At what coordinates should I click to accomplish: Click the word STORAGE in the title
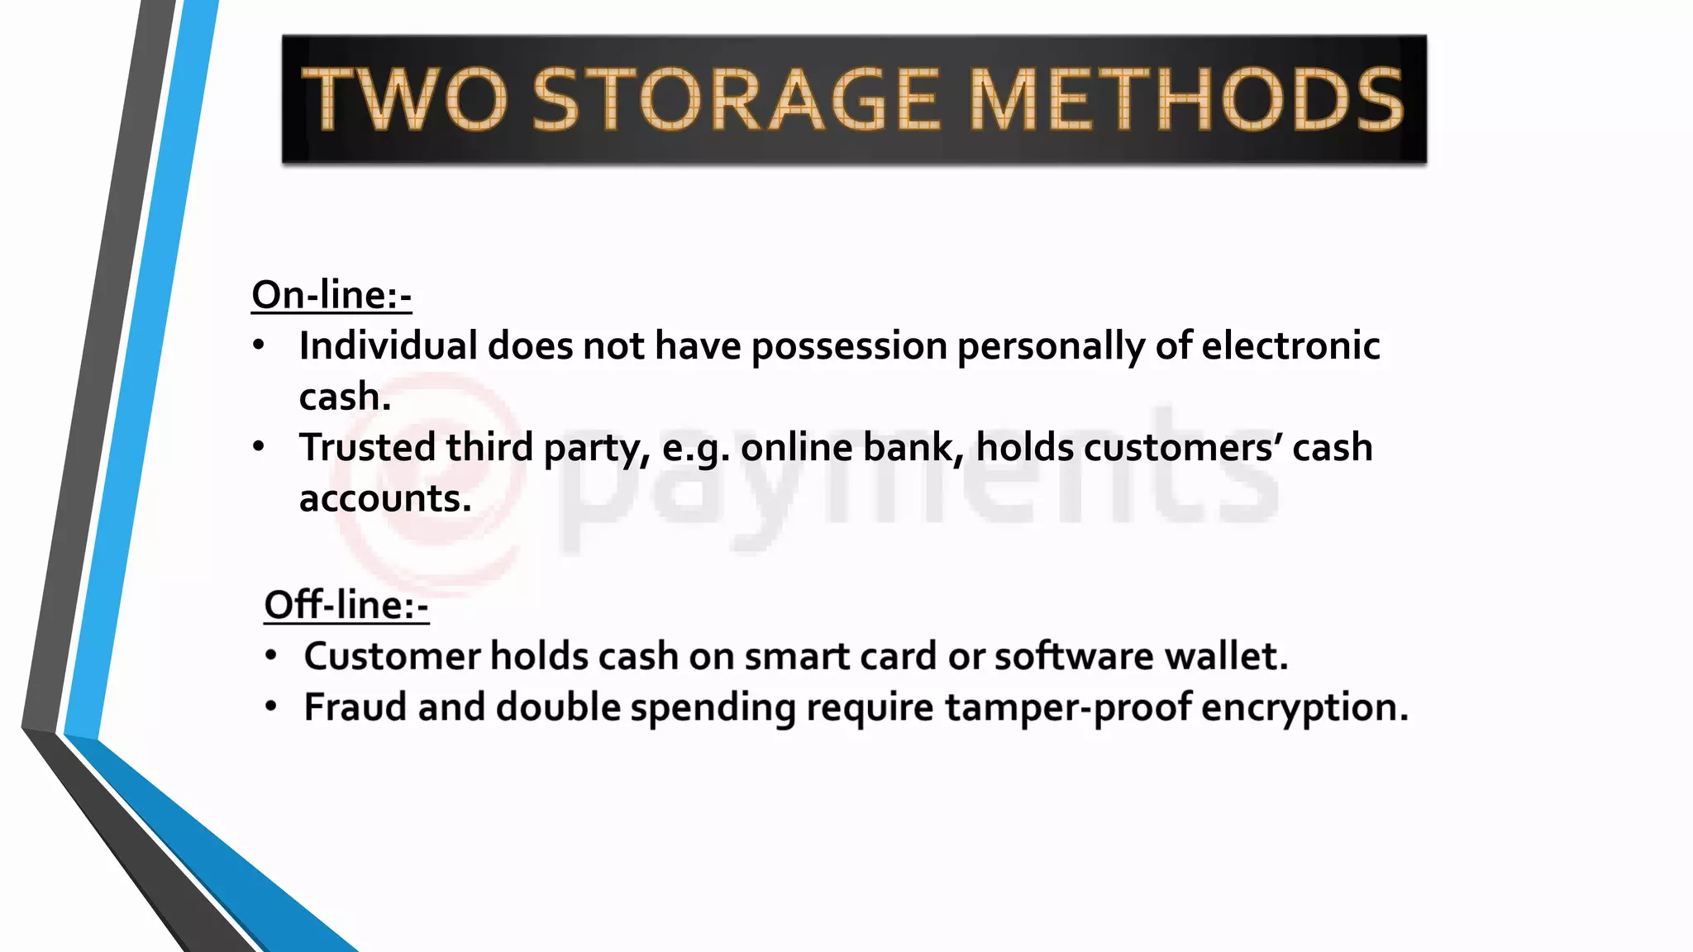[x=737, y=99]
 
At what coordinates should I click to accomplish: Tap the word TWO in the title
[x=404, y=99]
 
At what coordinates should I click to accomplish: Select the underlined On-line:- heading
[x=331, y=295]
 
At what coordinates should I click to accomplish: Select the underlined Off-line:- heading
[x=346, y=605]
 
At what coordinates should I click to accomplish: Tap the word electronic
[x=1290, y=345]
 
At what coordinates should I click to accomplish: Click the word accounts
[x=385, y=498]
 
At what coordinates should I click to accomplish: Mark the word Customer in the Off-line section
[x=391, y=656]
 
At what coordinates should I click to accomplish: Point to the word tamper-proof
[x=1068, y=708]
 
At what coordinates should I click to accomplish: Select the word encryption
[x=1304, y=708]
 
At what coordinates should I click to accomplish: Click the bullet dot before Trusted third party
[x=260, y=447]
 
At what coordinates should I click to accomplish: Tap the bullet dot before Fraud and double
[x=271, y=707]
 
